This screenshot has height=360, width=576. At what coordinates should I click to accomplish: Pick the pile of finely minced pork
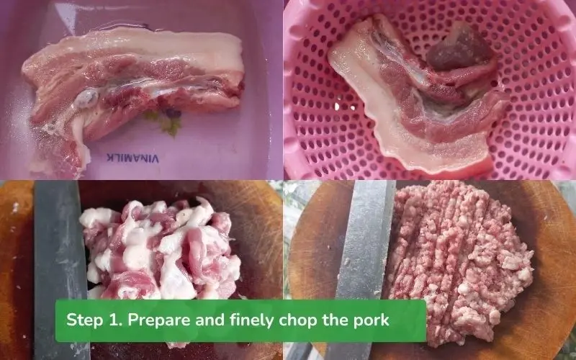(x=461, y=252)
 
